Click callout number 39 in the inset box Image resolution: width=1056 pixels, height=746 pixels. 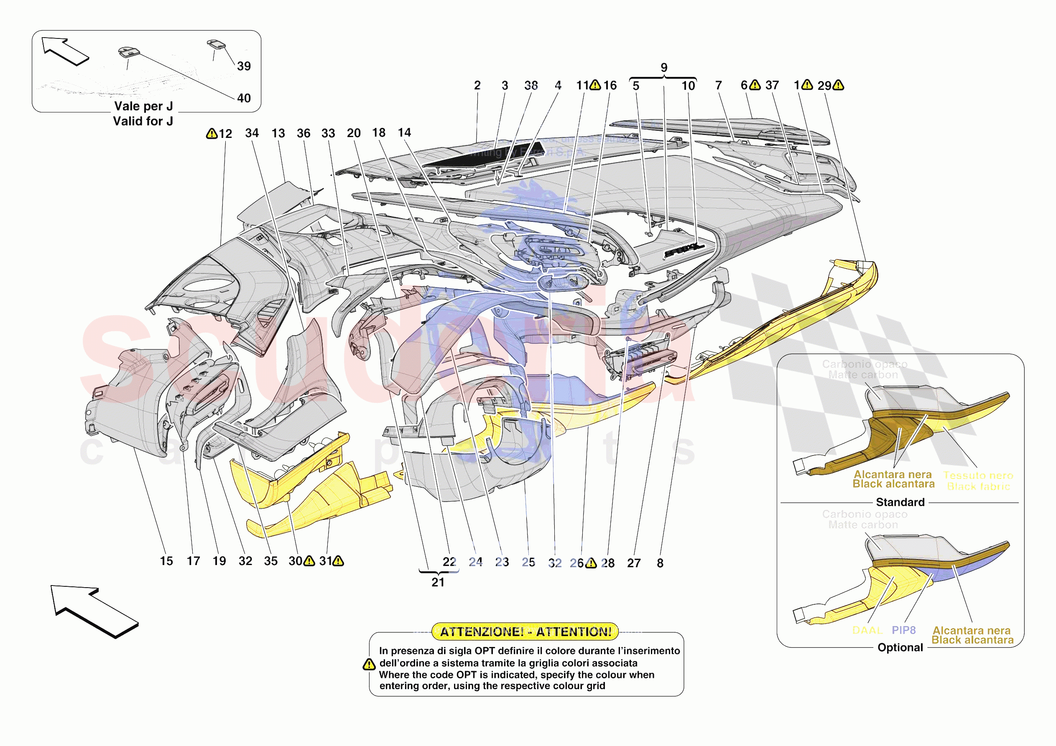[x=244, y=66]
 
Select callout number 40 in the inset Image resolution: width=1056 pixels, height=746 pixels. [x=244, y=98]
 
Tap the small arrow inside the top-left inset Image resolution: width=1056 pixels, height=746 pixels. [x=64, y=51]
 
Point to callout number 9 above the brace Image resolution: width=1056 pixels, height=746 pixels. [x=664, y=68]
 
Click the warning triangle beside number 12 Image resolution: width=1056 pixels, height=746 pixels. [x=212, y=133]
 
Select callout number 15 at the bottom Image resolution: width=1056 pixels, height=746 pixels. [x=166, y=561]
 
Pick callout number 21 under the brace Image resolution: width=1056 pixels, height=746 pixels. [x=438, y=582]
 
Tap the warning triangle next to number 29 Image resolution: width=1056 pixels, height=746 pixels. [x=838, y=85]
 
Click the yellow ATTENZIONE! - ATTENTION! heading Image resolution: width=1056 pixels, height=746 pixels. [x=525, y=631]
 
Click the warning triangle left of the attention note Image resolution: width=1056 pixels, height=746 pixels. [x=369, y=664]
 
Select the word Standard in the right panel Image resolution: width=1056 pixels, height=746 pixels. [x=900, y=502]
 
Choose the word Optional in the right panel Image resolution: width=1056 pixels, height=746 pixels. [x=900, y=647]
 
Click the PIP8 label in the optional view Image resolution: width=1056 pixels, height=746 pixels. [x=903, y=630]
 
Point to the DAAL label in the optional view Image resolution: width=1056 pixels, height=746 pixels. [x=867, y=630]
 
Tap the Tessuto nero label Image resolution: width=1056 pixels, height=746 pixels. [x=978, y=476]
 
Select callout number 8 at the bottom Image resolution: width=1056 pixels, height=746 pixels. [x=660, y=563]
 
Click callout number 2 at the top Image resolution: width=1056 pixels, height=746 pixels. [x=477, y=85]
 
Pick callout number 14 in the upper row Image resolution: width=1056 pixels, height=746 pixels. [x=404, y=132]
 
